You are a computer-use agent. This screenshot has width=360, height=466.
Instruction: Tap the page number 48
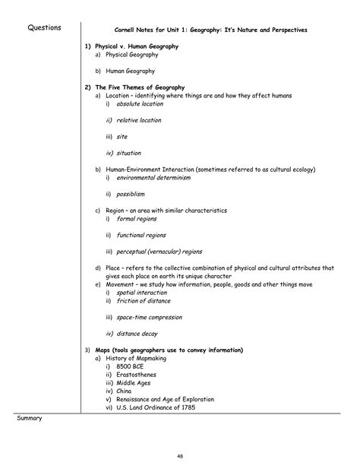point(180,455)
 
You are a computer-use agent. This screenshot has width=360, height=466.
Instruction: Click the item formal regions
point(137,219)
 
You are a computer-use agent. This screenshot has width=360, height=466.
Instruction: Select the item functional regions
point(141,235)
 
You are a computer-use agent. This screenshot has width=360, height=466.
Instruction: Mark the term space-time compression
point(151,316)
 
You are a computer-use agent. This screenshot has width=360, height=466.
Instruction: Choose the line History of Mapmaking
point(141,358)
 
